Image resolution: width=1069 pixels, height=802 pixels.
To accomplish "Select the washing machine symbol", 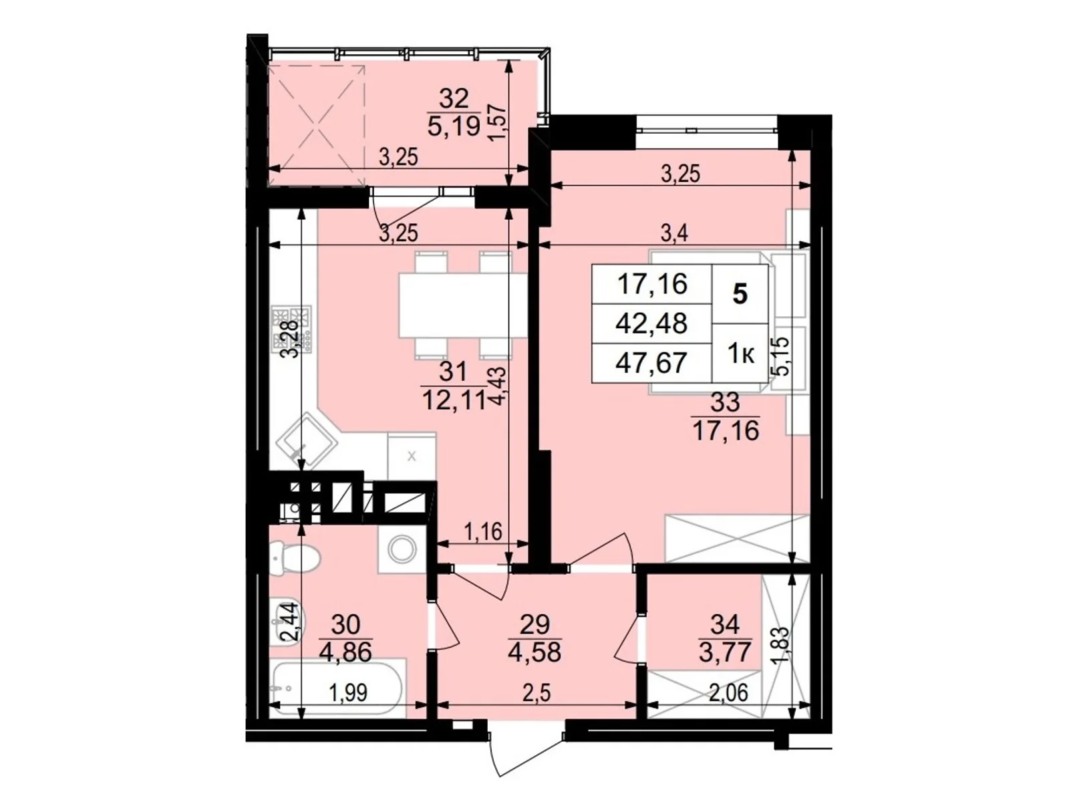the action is [402, 549].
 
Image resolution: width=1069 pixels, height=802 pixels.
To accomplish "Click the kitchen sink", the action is [306, 440].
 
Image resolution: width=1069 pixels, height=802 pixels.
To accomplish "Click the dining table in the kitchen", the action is [462, 305].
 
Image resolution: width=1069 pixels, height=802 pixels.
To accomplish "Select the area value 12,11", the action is [454, 400].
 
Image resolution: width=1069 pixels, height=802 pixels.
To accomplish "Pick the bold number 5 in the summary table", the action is [740, 295].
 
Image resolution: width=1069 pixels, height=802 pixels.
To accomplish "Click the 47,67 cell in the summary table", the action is [651, 363].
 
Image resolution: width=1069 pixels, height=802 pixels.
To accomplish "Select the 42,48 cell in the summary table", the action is [651, 323].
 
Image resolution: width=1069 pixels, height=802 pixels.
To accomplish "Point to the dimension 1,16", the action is [482, 532].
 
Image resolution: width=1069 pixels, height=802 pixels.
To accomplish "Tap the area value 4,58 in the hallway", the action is [534, 652].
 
